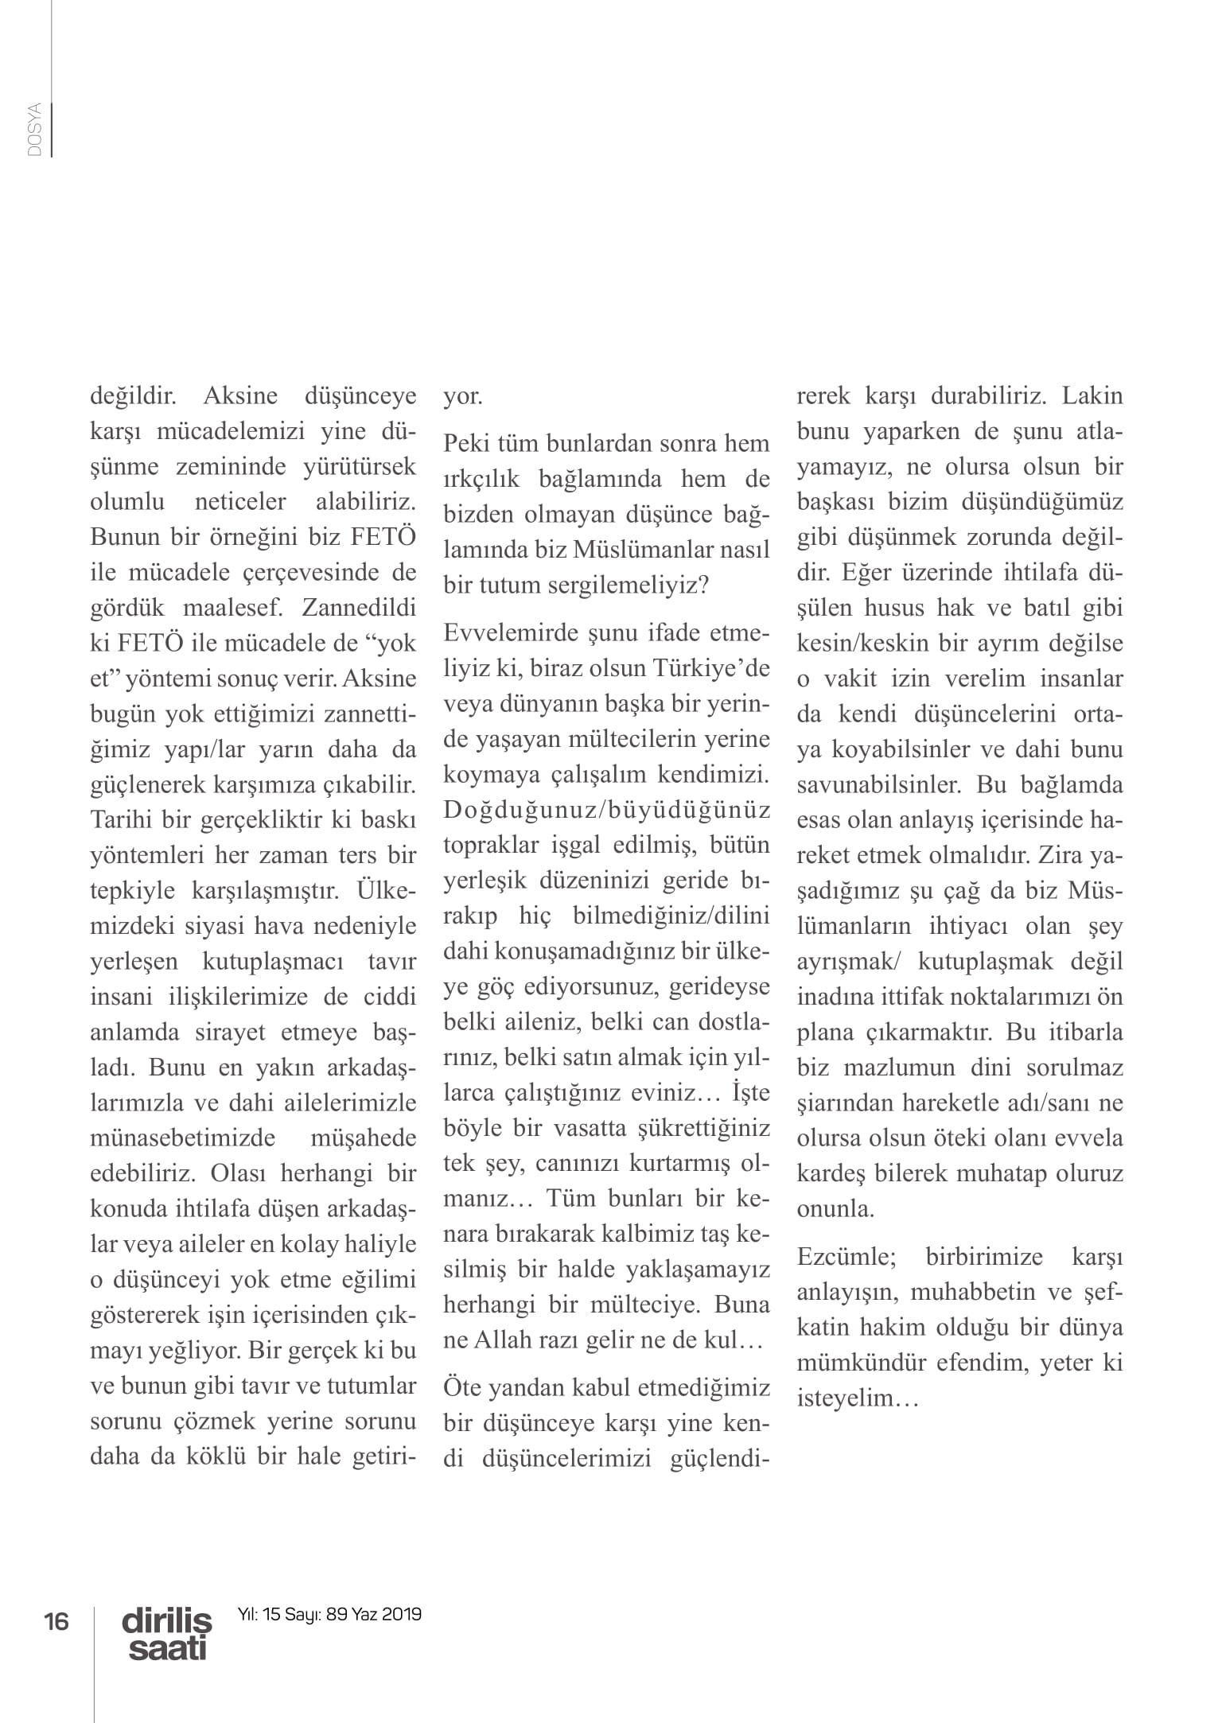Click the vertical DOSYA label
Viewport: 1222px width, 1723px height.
click(33, 130)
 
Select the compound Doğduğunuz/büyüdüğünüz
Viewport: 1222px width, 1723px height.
click(606, 809)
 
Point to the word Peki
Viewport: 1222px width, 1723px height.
click(466, 443)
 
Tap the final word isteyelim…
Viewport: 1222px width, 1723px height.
click(858, 1398)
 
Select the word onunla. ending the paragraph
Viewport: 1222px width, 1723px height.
click(835, 1209)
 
